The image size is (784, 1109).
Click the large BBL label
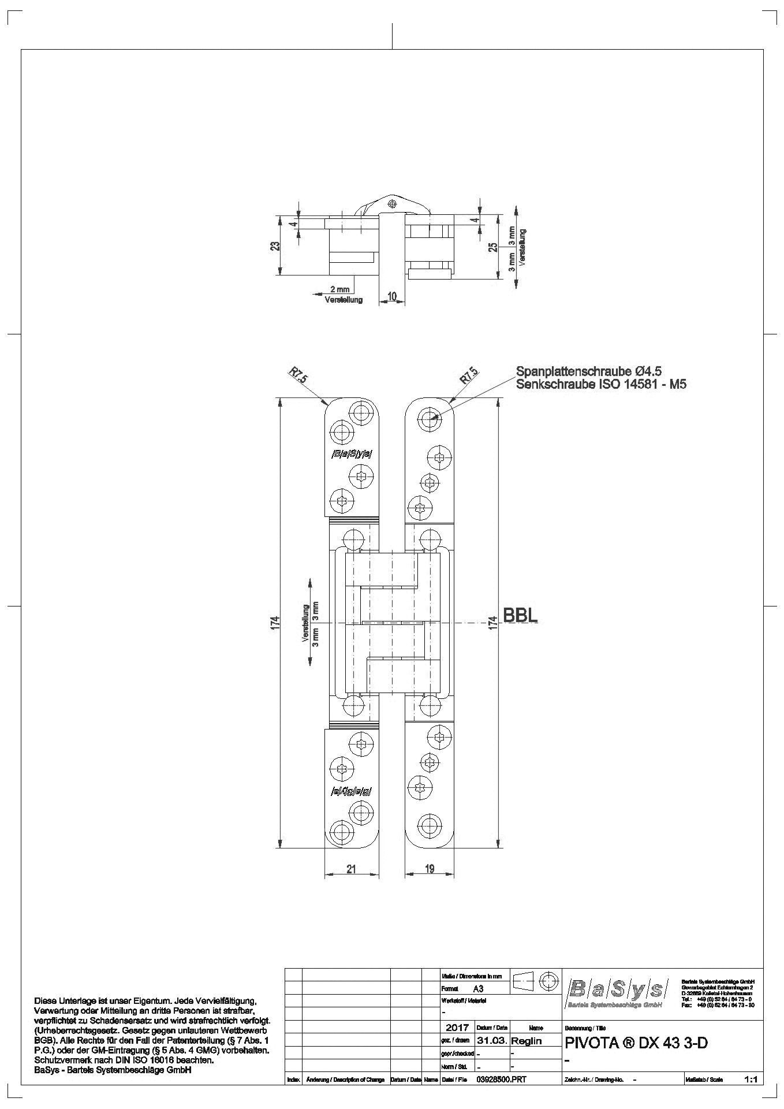(x=521, y=615)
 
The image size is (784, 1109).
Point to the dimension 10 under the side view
(x=392, y=296)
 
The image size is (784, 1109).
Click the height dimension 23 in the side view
(x=276, y=245)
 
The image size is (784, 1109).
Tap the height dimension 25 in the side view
(x=492, y=247)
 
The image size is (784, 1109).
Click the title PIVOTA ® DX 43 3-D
(x=634, y=1044)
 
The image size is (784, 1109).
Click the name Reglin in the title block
(x=527, y=1041)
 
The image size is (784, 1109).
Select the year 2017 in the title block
(x=457, y=1028)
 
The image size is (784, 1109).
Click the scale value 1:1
(x=751, y=1079)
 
